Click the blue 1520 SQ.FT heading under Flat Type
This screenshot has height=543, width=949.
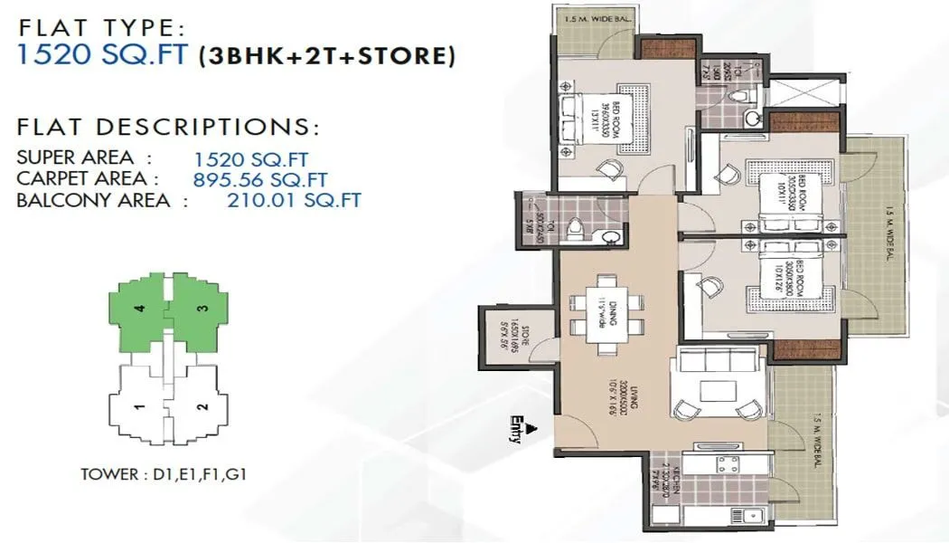pos(101,55)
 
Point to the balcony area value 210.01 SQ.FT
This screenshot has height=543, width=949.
pos(293,200)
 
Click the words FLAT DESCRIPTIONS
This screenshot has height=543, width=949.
pos(168,126)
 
